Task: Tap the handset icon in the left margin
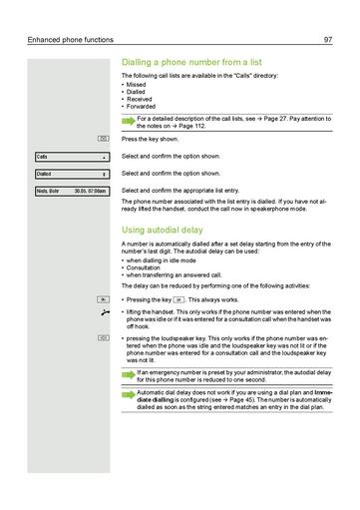(102, 313)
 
